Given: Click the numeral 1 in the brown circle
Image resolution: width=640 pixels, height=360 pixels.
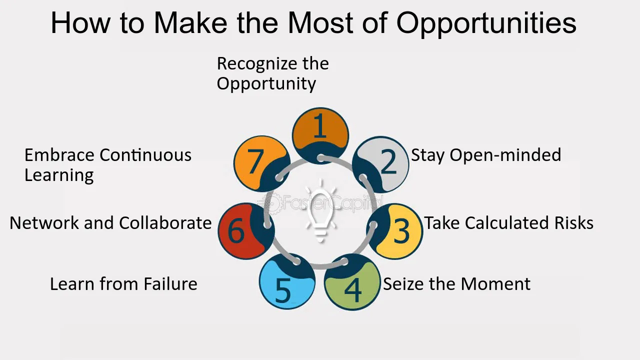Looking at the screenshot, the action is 320,125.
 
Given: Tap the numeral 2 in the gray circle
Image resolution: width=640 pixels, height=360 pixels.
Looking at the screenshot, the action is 389,161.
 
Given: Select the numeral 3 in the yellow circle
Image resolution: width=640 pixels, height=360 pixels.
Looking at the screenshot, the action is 401,231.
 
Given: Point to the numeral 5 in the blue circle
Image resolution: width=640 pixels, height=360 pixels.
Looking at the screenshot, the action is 283,290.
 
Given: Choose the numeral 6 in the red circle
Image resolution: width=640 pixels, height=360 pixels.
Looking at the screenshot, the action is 236,231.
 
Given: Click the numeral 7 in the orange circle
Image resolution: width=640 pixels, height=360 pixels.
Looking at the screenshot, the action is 255,161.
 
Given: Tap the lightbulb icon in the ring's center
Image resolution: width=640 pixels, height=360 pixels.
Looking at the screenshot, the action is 320,211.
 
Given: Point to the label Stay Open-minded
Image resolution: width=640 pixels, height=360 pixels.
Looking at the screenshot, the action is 486,155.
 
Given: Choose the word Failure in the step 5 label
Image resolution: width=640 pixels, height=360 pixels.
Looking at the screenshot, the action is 170,284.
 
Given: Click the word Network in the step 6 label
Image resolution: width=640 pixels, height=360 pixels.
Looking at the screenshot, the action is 44,223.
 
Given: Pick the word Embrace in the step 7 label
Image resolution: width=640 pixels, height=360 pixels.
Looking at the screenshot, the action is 59,155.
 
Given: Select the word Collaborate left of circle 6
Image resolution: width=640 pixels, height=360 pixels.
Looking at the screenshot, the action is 165,223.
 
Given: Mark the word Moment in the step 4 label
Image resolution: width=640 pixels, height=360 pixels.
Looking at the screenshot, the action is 495,284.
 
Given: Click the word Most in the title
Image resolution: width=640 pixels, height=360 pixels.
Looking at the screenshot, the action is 321,23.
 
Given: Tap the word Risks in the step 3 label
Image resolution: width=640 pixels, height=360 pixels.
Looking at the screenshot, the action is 574,223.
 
